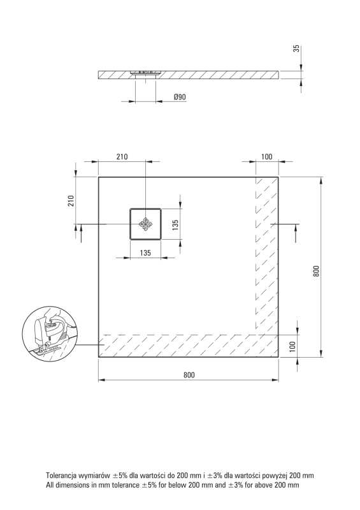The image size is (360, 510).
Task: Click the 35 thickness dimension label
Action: pyautogui.click(x=296, y=49)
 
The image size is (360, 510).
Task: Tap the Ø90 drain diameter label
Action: pyautogui.click(x=180, y=97)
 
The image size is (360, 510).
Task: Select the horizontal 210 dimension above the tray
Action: pyautogui.click(x=122, y=156)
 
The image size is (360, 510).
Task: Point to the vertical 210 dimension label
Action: pyautogui.click(x=71, y=200)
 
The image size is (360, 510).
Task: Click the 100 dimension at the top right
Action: pyautogui.click(x=267, y=156)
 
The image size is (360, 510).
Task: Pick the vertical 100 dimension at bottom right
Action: pyautogui.click(x=292, y=346)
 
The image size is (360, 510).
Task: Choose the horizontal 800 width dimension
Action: pyautogui.click(x=189, y=375)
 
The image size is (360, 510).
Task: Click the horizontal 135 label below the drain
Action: pyautogui.click(x=145, y=252)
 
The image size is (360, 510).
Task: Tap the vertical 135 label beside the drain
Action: pyautogui.click(x=175, y=225)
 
